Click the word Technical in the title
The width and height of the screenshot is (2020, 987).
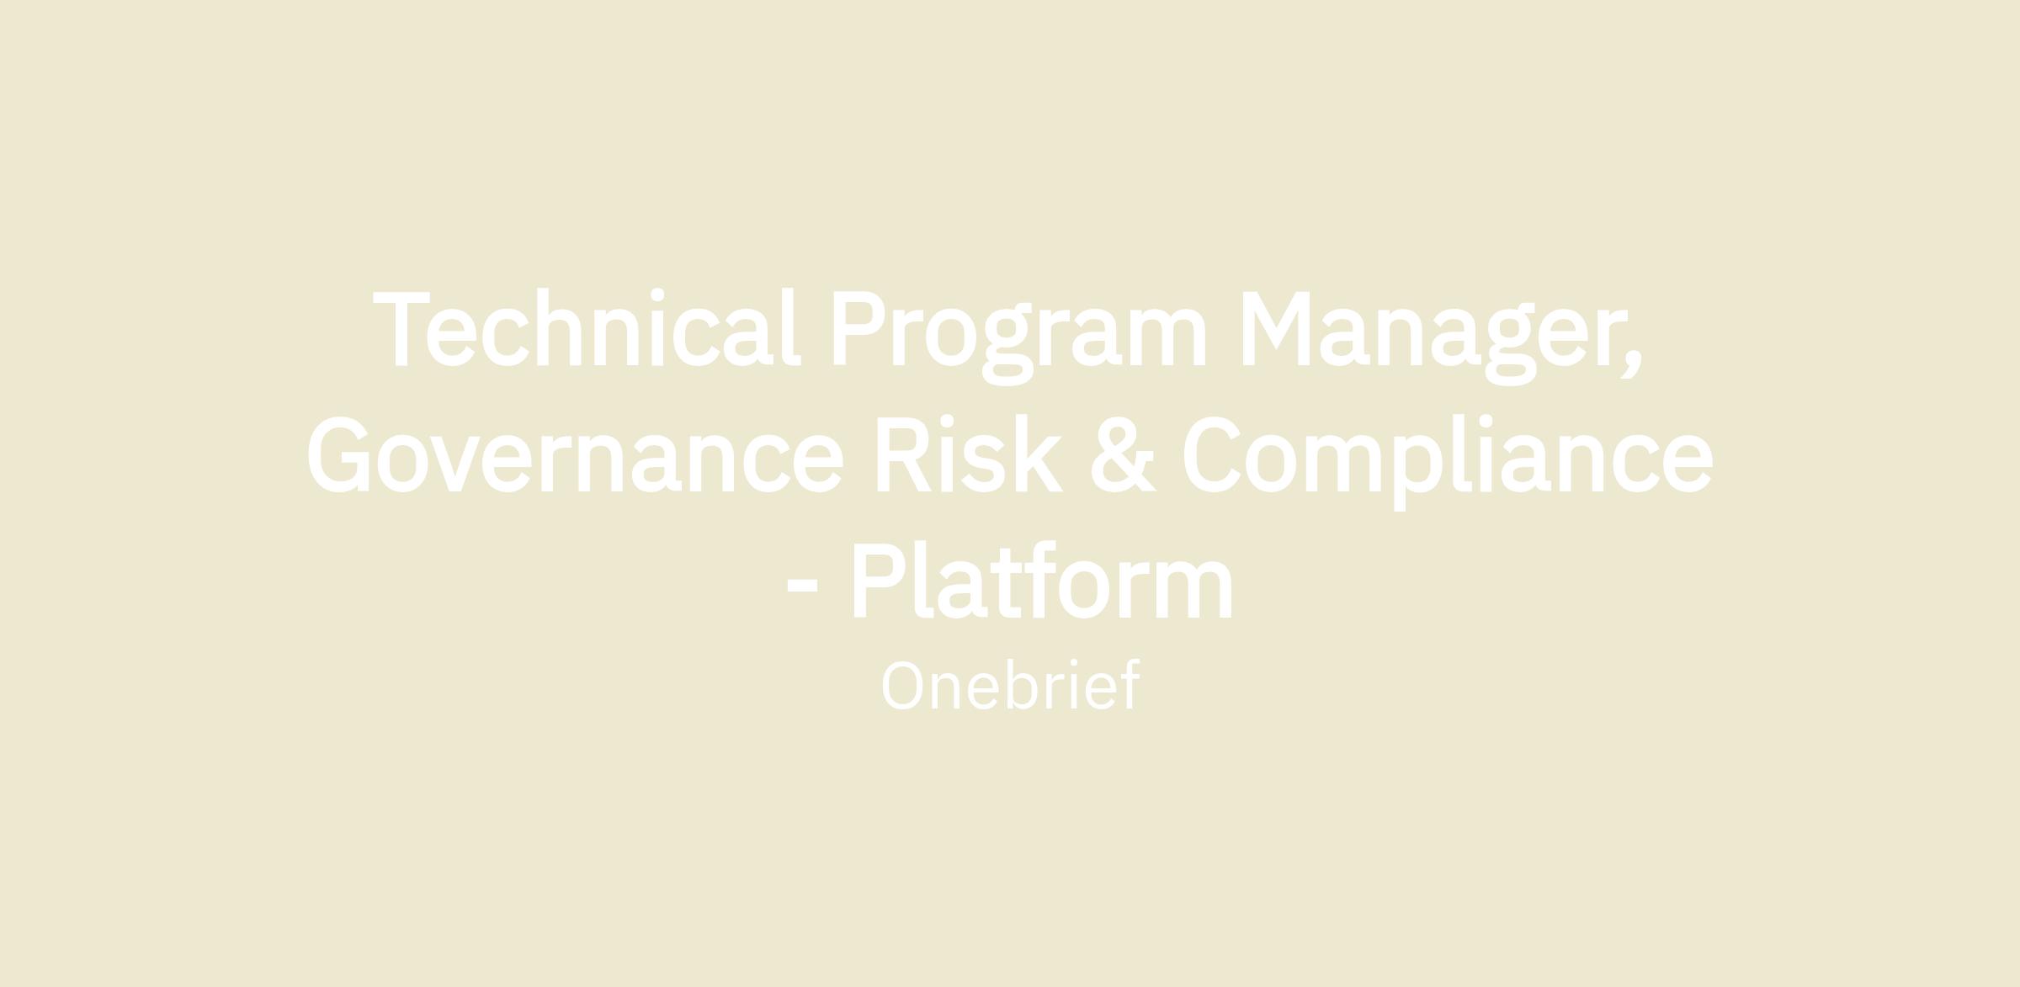(x=587, y=327)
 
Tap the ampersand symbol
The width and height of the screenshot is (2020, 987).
(x=1124, y=454)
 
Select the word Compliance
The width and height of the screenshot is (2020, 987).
(x=1448, y=462)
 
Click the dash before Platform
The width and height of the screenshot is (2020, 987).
(x=802, y=587)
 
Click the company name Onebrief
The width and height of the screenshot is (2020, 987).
(x=1010, y=686)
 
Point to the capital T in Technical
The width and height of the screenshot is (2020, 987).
(x=401, y=329)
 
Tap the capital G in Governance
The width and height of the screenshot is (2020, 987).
(x=338, y=454)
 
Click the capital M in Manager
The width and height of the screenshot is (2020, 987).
(x=1276, y=329)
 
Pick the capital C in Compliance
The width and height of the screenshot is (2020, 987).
(x=1212, y=454)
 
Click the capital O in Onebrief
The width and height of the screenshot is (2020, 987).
(x=902, y=686)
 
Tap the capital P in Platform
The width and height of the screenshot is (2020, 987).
(x=879, y=580)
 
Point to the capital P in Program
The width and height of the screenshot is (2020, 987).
(x=858, y=329)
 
